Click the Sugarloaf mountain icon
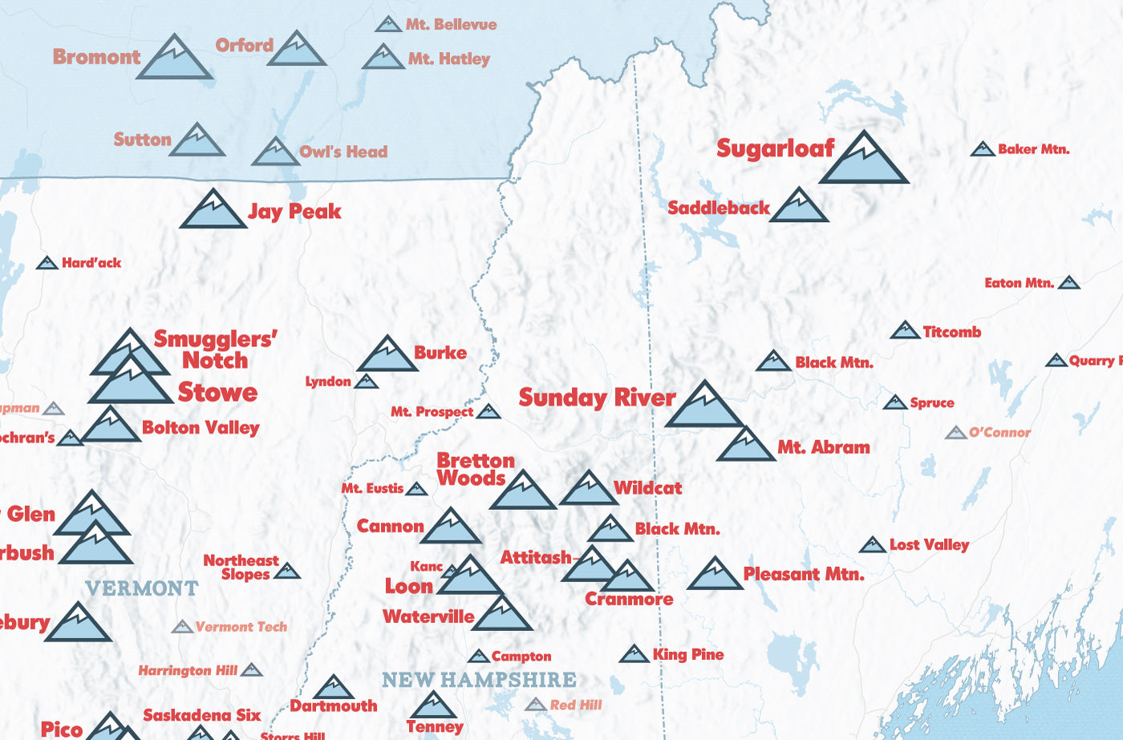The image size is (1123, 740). tap(865, 160)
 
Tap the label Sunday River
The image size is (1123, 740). tap(597, 398)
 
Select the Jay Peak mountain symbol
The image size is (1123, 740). tap(213, 212)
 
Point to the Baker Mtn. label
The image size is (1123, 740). tap(1033, 149)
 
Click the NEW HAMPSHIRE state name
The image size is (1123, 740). tap(479, 680)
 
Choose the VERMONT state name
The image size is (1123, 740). tap(142, 588)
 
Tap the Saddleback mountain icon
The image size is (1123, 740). tap(799, 208)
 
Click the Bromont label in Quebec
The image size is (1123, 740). tap(96, 57)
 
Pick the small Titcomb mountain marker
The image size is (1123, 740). tap(905, 331)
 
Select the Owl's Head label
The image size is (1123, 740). tap(343, 152)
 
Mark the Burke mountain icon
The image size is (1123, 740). tap(387, 356)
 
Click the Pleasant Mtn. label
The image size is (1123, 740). tap(803, 574)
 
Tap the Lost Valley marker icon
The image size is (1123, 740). tap(872, 546)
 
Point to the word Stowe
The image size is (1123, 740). tap(217, 392)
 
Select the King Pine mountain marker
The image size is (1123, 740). tap(634, 655)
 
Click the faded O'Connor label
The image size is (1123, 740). tap(999, 432)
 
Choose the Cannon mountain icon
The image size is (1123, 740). tap(451, 528)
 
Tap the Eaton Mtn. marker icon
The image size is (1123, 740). tap(1068, 283)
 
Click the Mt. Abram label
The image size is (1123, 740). tap(823, 447)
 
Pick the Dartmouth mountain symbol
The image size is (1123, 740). tap(334, 689)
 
